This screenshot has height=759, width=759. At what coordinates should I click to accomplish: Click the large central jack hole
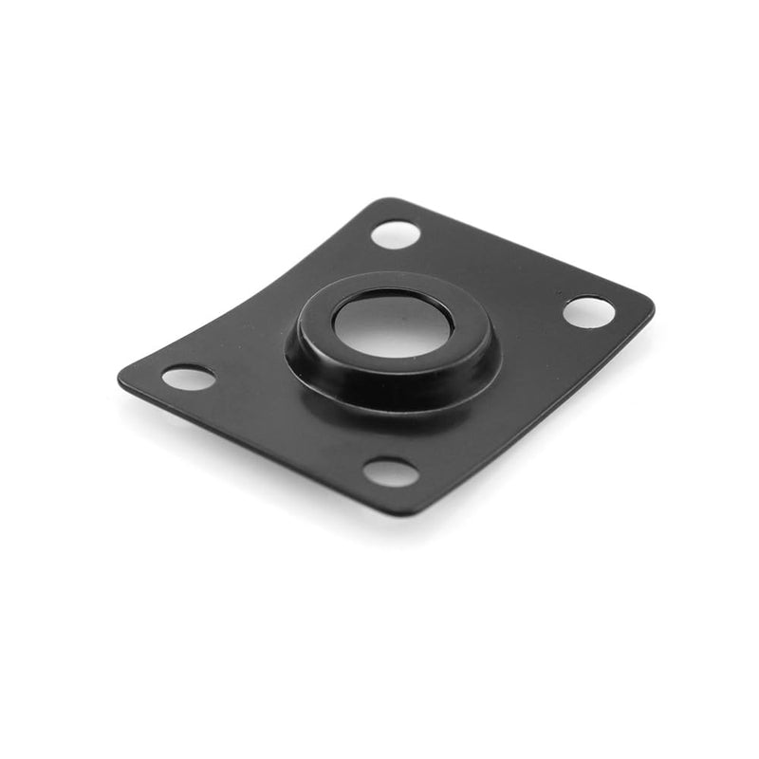pyautogui.click(x=391, y=324)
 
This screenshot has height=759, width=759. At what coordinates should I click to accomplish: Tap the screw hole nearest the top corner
pyautogui.click(x=396, y=233)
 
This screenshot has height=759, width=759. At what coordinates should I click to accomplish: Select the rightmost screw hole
pyautogui.click(x=588, y=311)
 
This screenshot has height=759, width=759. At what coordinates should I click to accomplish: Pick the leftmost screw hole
pyautogui.click(x=188, y=378)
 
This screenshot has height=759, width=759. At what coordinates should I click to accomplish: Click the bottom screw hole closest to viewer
pyautogui.click(x=390, y=472)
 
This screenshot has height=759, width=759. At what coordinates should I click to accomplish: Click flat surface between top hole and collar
pyautogui.click(x=379, y=261)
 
